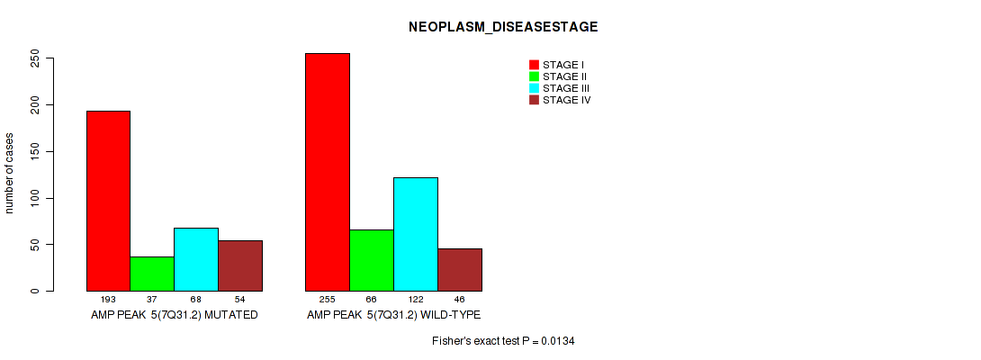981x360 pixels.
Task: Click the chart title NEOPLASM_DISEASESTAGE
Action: coord(503,27)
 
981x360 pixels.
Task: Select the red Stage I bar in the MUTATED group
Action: coord(108,201)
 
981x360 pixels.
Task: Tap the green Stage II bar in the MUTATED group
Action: coord(152,274)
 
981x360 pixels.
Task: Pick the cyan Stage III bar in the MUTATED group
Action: coord(196,259)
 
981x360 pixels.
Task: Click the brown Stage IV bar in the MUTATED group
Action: coord(240,265)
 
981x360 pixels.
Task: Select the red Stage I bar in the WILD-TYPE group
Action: coord(328,172)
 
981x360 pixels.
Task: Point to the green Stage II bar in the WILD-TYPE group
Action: coord(372,260)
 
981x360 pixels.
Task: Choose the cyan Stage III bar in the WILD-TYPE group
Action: coord(416,234)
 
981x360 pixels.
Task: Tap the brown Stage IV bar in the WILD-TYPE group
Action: coord(460,270)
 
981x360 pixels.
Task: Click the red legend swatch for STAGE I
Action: coord(535,65)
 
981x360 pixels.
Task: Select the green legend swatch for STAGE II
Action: coord(535,76)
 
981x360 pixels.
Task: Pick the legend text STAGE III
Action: coord(565,88)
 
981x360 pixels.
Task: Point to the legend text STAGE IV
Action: coord(566,100)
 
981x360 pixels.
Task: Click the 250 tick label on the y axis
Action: coord(35,58)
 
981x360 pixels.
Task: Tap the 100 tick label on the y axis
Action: coord(35,198)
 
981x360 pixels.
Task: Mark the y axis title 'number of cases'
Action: coord(9,173)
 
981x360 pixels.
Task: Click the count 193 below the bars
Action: coord(108,300)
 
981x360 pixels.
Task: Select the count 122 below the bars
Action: coord(416,300)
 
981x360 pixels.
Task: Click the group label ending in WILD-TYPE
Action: coord(393,315)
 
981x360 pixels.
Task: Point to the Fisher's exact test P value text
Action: coord(503,341)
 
